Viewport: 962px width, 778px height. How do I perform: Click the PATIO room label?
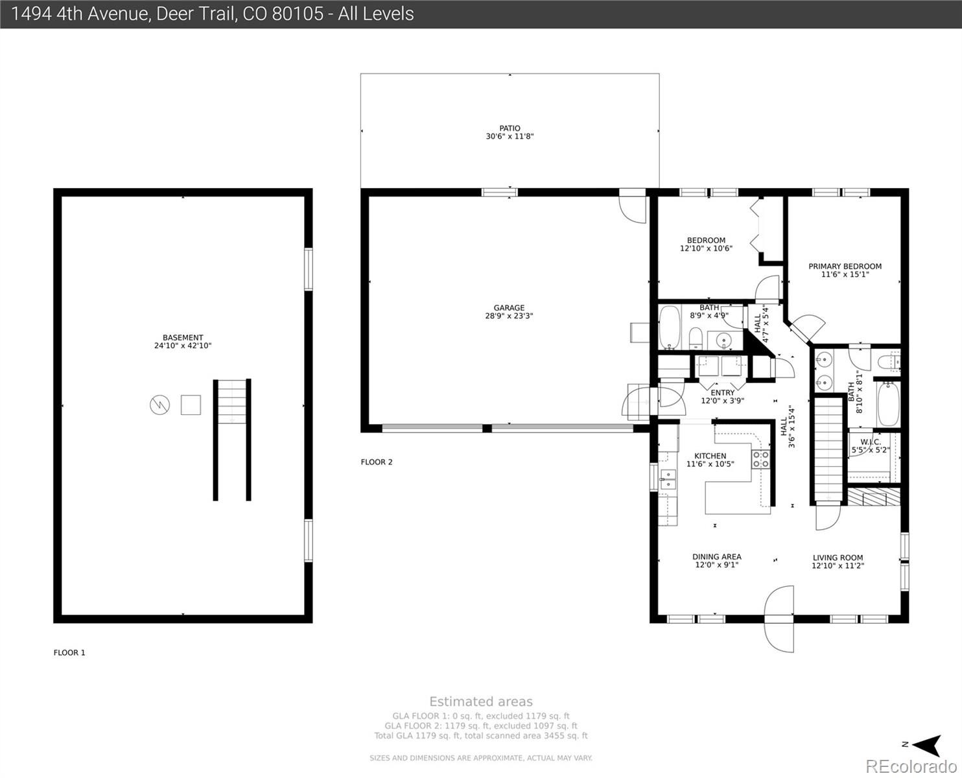coord(510,128)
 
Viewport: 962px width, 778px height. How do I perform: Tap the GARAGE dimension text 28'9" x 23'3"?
coord(509,316)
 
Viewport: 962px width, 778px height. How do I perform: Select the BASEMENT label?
coord(183,338)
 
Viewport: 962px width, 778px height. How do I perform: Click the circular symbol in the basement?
coord(160,405)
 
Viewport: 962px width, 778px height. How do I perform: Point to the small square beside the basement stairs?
coord(191,405)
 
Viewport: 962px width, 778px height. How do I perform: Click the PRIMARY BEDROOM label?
coord(845,266)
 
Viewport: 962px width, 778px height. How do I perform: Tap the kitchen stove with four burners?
coord(760,459)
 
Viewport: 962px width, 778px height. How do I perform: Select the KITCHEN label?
coord(710,456)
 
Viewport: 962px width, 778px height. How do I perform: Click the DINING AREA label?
coord(717,557)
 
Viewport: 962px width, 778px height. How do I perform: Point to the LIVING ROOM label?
coord(838,558)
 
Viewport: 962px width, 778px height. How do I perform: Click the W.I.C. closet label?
coord(871,442)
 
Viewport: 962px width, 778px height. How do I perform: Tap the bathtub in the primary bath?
coord(888,404)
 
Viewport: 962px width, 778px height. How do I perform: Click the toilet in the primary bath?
coord(889,362)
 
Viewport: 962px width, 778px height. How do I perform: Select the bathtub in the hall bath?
coord(670,327)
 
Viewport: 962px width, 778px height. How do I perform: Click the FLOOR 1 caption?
coord(69,652)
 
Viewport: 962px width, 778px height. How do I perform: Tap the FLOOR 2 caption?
coord(376,462)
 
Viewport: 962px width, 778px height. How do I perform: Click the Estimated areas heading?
coord(481,701)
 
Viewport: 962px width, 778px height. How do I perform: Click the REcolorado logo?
coord(911,766)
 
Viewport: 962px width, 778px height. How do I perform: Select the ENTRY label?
coord(723,393)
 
